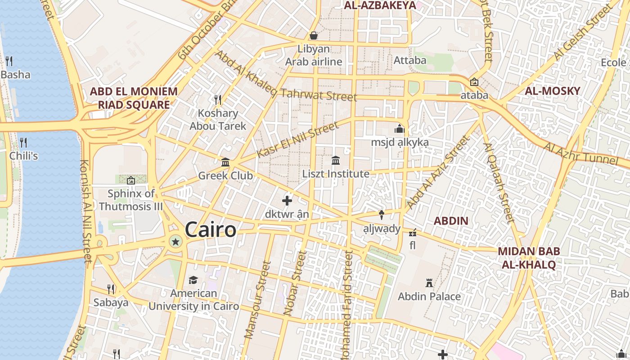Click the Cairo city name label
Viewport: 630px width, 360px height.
[210, 229]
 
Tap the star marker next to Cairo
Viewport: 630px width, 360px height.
[175, 242]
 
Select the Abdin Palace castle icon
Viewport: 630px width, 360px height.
[429, 283]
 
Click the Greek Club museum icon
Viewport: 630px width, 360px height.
[225, 162]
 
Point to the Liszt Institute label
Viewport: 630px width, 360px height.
[336, 174]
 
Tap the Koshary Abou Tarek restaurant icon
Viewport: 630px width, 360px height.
[218, 99]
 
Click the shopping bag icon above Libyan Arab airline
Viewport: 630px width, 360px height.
[314, 35]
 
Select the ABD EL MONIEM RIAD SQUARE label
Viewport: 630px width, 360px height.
[134, 98]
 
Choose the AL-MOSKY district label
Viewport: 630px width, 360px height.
[552, 91]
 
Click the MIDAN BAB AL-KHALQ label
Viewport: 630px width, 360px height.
[529, 258]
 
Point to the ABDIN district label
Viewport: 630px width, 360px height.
[451, 221]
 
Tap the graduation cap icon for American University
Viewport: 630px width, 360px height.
[193, 280]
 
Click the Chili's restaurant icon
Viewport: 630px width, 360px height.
[23, 143]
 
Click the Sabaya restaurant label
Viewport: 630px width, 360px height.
[111, 302]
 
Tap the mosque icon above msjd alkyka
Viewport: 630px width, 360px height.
[399, 129]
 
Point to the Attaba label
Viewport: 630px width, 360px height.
[409, 60]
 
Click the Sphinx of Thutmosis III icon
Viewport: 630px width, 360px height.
[130, 180]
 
